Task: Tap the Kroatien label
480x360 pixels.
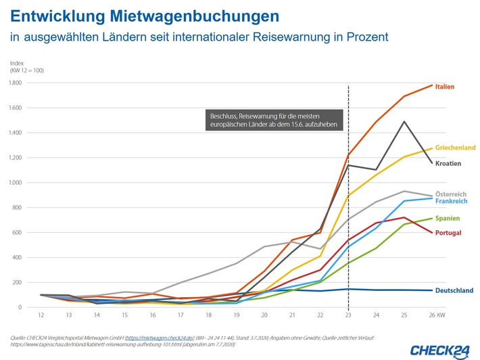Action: pos(448,163)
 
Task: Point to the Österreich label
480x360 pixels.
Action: pos(451,194)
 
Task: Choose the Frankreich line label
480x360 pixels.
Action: pos(452,202)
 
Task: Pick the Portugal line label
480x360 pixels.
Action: pos(448,233)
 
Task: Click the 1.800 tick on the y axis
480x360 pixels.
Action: pos(15,83)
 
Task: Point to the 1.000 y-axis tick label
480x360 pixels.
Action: pos(15,183)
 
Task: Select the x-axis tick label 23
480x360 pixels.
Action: pos(348,315)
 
